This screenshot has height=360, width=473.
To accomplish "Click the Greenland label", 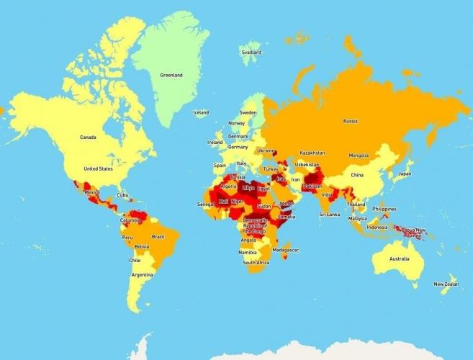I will [171, 75].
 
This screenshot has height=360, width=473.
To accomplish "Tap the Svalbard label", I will [251, 53].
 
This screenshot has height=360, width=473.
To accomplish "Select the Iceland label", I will [201, 112].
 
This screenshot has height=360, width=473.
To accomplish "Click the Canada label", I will [88, 137].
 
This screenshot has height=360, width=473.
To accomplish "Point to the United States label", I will [98, 168].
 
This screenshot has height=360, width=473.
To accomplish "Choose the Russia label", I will [351, 121].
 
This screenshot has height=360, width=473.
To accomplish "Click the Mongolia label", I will [359, 156].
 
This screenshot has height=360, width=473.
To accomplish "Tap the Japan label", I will [405, 174].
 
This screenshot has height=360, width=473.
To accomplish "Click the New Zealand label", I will [446, 284].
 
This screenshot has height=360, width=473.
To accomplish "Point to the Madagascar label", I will [286, 250].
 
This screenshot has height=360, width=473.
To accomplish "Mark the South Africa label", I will [256, 263].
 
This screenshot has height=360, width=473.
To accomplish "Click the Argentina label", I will [142, 275].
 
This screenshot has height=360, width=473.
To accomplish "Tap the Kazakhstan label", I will [312, 153].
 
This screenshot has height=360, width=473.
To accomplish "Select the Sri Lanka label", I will [330, 214].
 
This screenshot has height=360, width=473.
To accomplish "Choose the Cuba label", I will [122, 195].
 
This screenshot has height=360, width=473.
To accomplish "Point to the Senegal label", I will [205, 204].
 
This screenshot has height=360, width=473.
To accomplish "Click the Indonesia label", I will [377, 227].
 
